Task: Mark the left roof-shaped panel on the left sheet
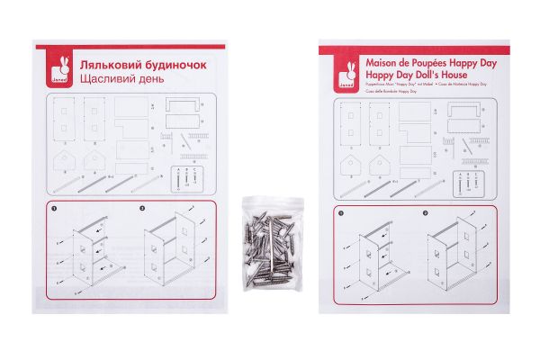(x=65, y=160)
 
